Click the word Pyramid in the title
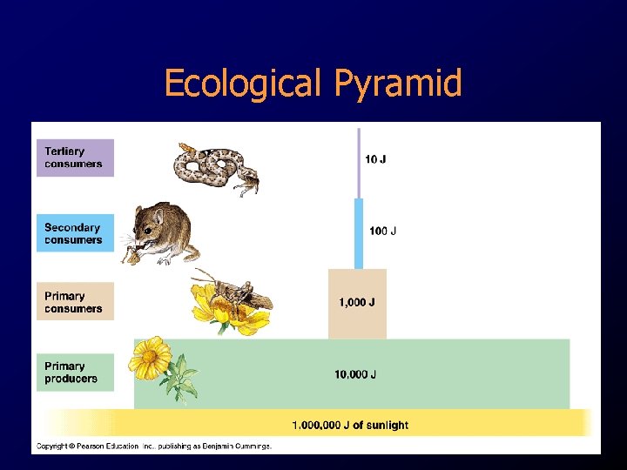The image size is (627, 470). click(398, 84)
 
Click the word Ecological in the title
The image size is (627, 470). click(245, 84)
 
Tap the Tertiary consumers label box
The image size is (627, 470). click(75, 158)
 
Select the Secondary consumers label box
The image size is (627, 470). click(75, 233)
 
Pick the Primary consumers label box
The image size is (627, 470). click(75, 302)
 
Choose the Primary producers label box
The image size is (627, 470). click(75, 373)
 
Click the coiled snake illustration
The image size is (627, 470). click(214, 167)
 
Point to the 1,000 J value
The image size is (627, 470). click(357, 303)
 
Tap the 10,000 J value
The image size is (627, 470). click(355, 374)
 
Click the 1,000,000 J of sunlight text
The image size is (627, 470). click(350, 425)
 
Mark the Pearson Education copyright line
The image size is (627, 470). click(153, 446)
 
